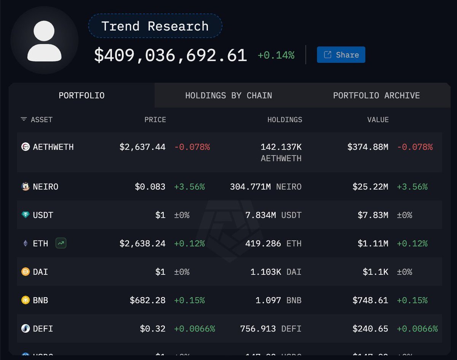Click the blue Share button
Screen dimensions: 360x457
pyautogui.click(x=341, y=55)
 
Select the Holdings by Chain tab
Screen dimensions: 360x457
pyautogui.click(x=228, y=96)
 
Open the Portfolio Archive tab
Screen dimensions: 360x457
pyautogui.click(x=376, y=96)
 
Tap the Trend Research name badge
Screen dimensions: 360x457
pyautogui.click(x=155, y=26)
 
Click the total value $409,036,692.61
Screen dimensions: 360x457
pyautogui.click(x=170, y=56)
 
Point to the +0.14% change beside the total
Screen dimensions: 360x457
pyautogui.click(x=276, y=55)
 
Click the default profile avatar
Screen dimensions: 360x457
pyautogui.click(x=44, y=40)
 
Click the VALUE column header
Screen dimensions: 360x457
pyautogui.click(x=378, y=119)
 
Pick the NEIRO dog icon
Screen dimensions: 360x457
pyautogui.click(x=26, y=187)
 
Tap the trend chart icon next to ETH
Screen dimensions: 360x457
pyautogui.click(x=61, y=243)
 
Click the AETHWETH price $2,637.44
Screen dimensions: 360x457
pyautogui.click(x=142, y=147)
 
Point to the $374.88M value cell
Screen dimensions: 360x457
pyautogui.click(x=368, y=147)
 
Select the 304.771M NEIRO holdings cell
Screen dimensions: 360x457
pyautogui.click(x=265, y=187)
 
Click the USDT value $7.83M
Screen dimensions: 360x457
pyautogui.click(x=373, y=215)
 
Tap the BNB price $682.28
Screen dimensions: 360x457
pyautogui.click(x=147, y=300)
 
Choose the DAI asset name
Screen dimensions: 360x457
pyautogui.click(x=40, y=272)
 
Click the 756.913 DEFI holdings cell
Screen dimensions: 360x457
pyautogui.click(x=270, y=328)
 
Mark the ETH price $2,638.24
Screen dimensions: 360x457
pyautogui.click(x=142, y=243)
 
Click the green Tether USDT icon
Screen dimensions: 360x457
pyautogui.click(x=26, y=215)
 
